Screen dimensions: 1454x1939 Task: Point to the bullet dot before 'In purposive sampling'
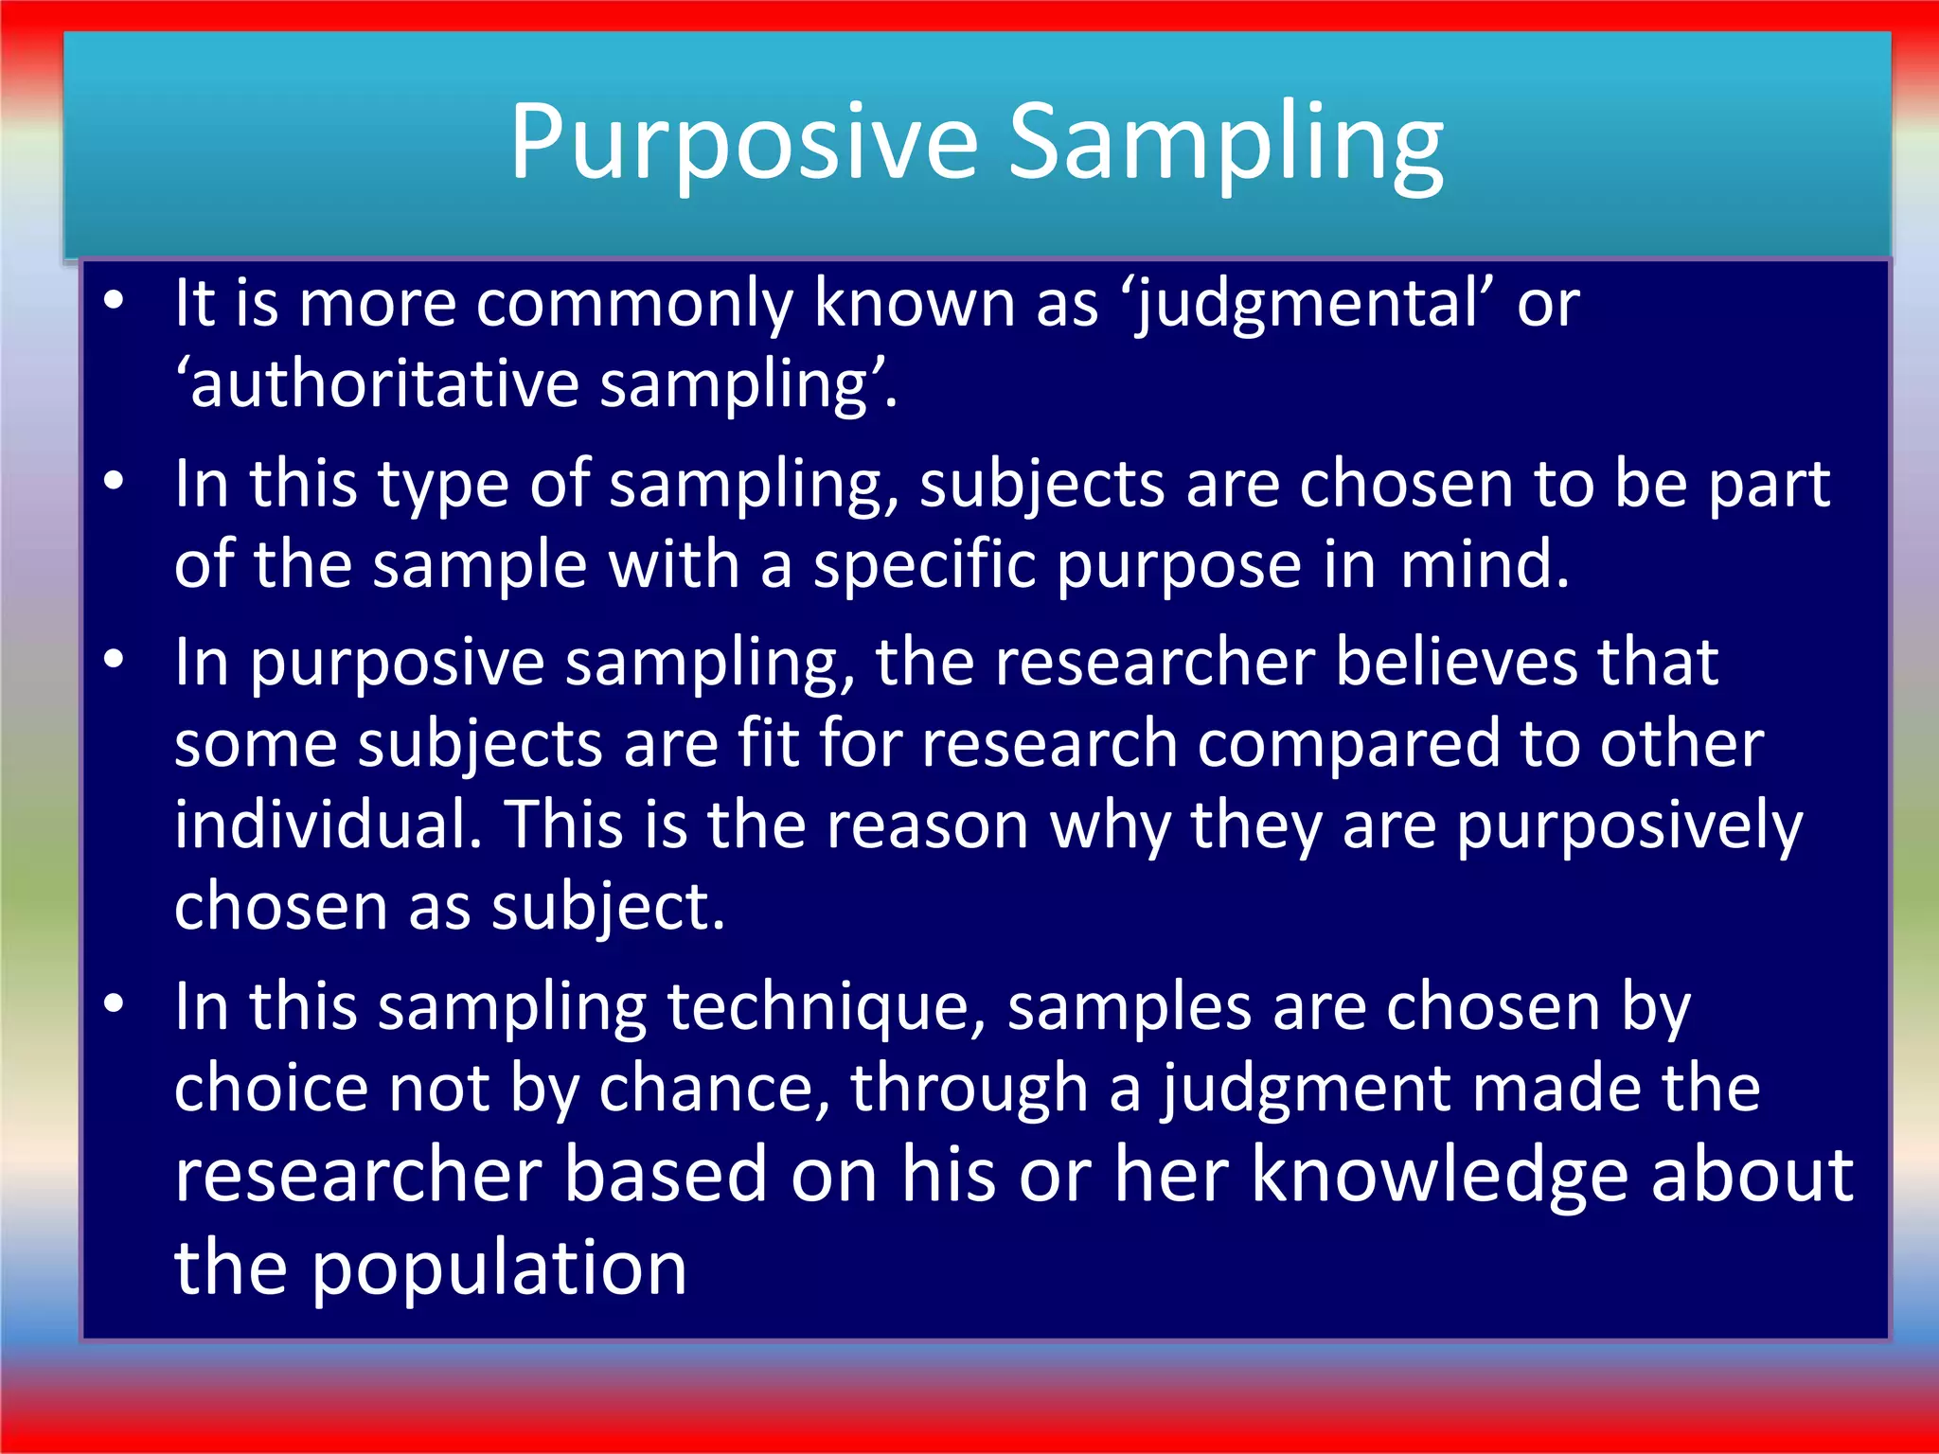pyautogui.click(x=115, y=659)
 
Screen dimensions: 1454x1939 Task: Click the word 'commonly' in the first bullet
pyautogui.click(x=634, y=305)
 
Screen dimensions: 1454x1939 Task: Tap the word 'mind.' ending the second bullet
pyautogui.click(x=1485, y=565)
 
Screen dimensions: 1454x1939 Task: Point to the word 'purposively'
pyautogui.click(x=1629, y=826)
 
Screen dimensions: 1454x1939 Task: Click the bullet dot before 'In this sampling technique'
pyautogui.click(x=115, y=1004)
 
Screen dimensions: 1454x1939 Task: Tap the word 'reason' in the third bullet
pyautogui.click(x=927, y=826)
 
